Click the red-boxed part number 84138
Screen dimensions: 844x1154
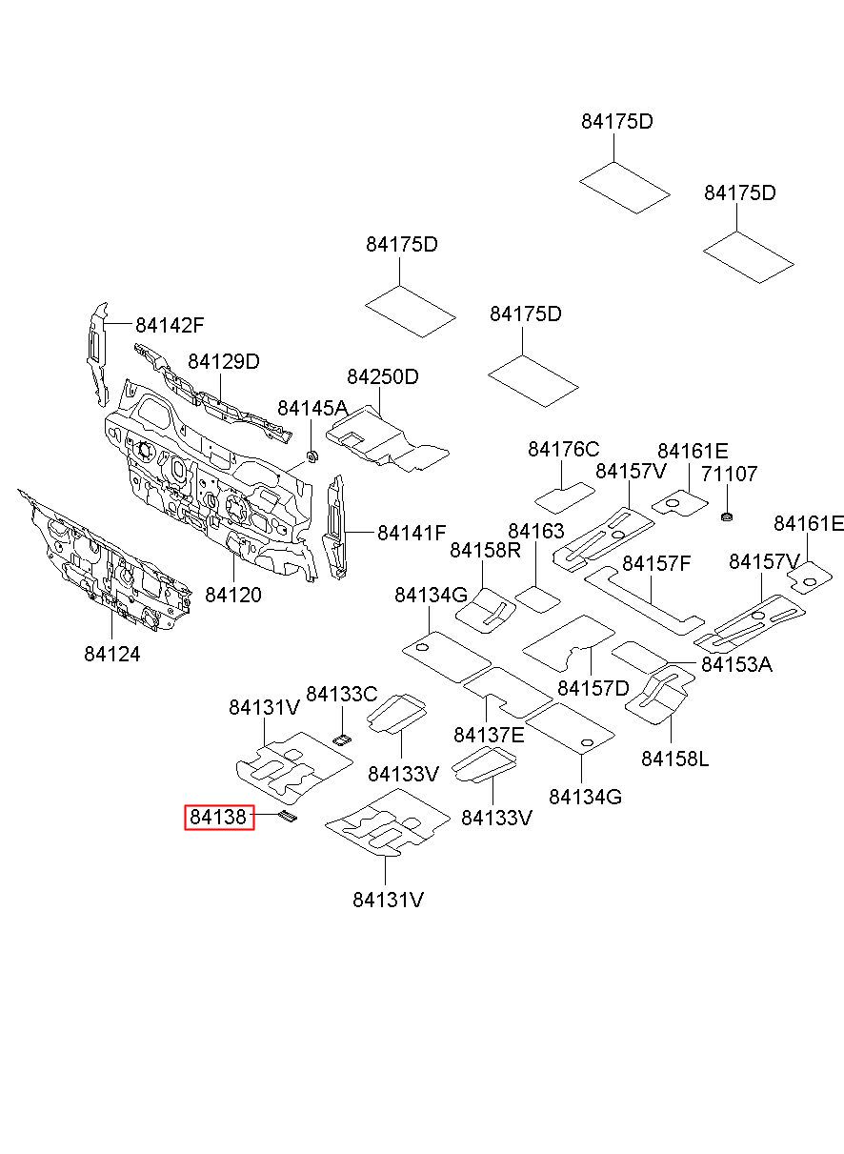219,817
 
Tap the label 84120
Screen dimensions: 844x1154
233,595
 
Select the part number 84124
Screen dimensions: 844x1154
112,655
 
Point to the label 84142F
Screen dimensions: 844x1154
170,325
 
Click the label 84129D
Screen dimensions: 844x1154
224,362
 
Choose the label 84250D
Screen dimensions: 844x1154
383,377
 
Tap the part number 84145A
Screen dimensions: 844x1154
313,408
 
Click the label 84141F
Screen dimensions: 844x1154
412,533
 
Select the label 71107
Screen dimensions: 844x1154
729,474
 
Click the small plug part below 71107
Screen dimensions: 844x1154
727,516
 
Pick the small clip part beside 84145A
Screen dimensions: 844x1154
311,456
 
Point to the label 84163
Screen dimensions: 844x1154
536,531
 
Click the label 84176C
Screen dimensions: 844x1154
563,450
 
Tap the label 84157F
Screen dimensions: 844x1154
656,563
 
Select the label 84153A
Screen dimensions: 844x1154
737,664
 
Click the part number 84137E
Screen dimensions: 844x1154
489,735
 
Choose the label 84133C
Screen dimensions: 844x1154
342,695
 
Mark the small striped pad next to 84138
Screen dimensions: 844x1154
288,817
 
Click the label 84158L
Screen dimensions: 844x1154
674,759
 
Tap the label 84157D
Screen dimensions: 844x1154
593,688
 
